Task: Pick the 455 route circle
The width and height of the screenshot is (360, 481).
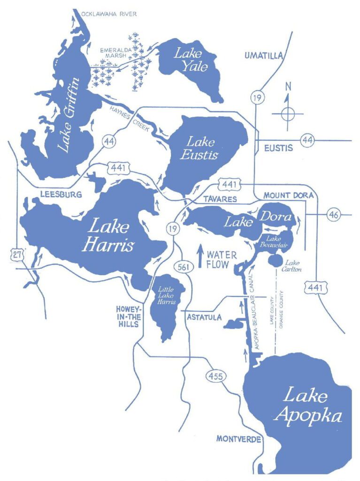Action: [214, 376]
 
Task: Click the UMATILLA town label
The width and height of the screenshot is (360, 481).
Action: [264, 56]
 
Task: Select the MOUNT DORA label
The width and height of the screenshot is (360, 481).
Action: [284, 194]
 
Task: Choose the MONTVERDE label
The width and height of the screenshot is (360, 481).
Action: [237, 439]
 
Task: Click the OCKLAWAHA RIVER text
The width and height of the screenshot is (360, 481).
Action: [109, 14]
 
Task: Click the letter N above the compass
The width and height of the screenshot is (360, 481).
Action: [288, 86]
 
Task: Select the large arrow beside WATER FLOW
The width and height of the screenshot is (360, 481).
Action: [200, 256]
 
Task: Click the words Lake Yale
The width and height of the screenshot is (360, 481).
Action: [191, 59]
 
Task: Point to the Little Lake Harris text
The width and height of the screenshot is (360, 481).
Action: [167, 296]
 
